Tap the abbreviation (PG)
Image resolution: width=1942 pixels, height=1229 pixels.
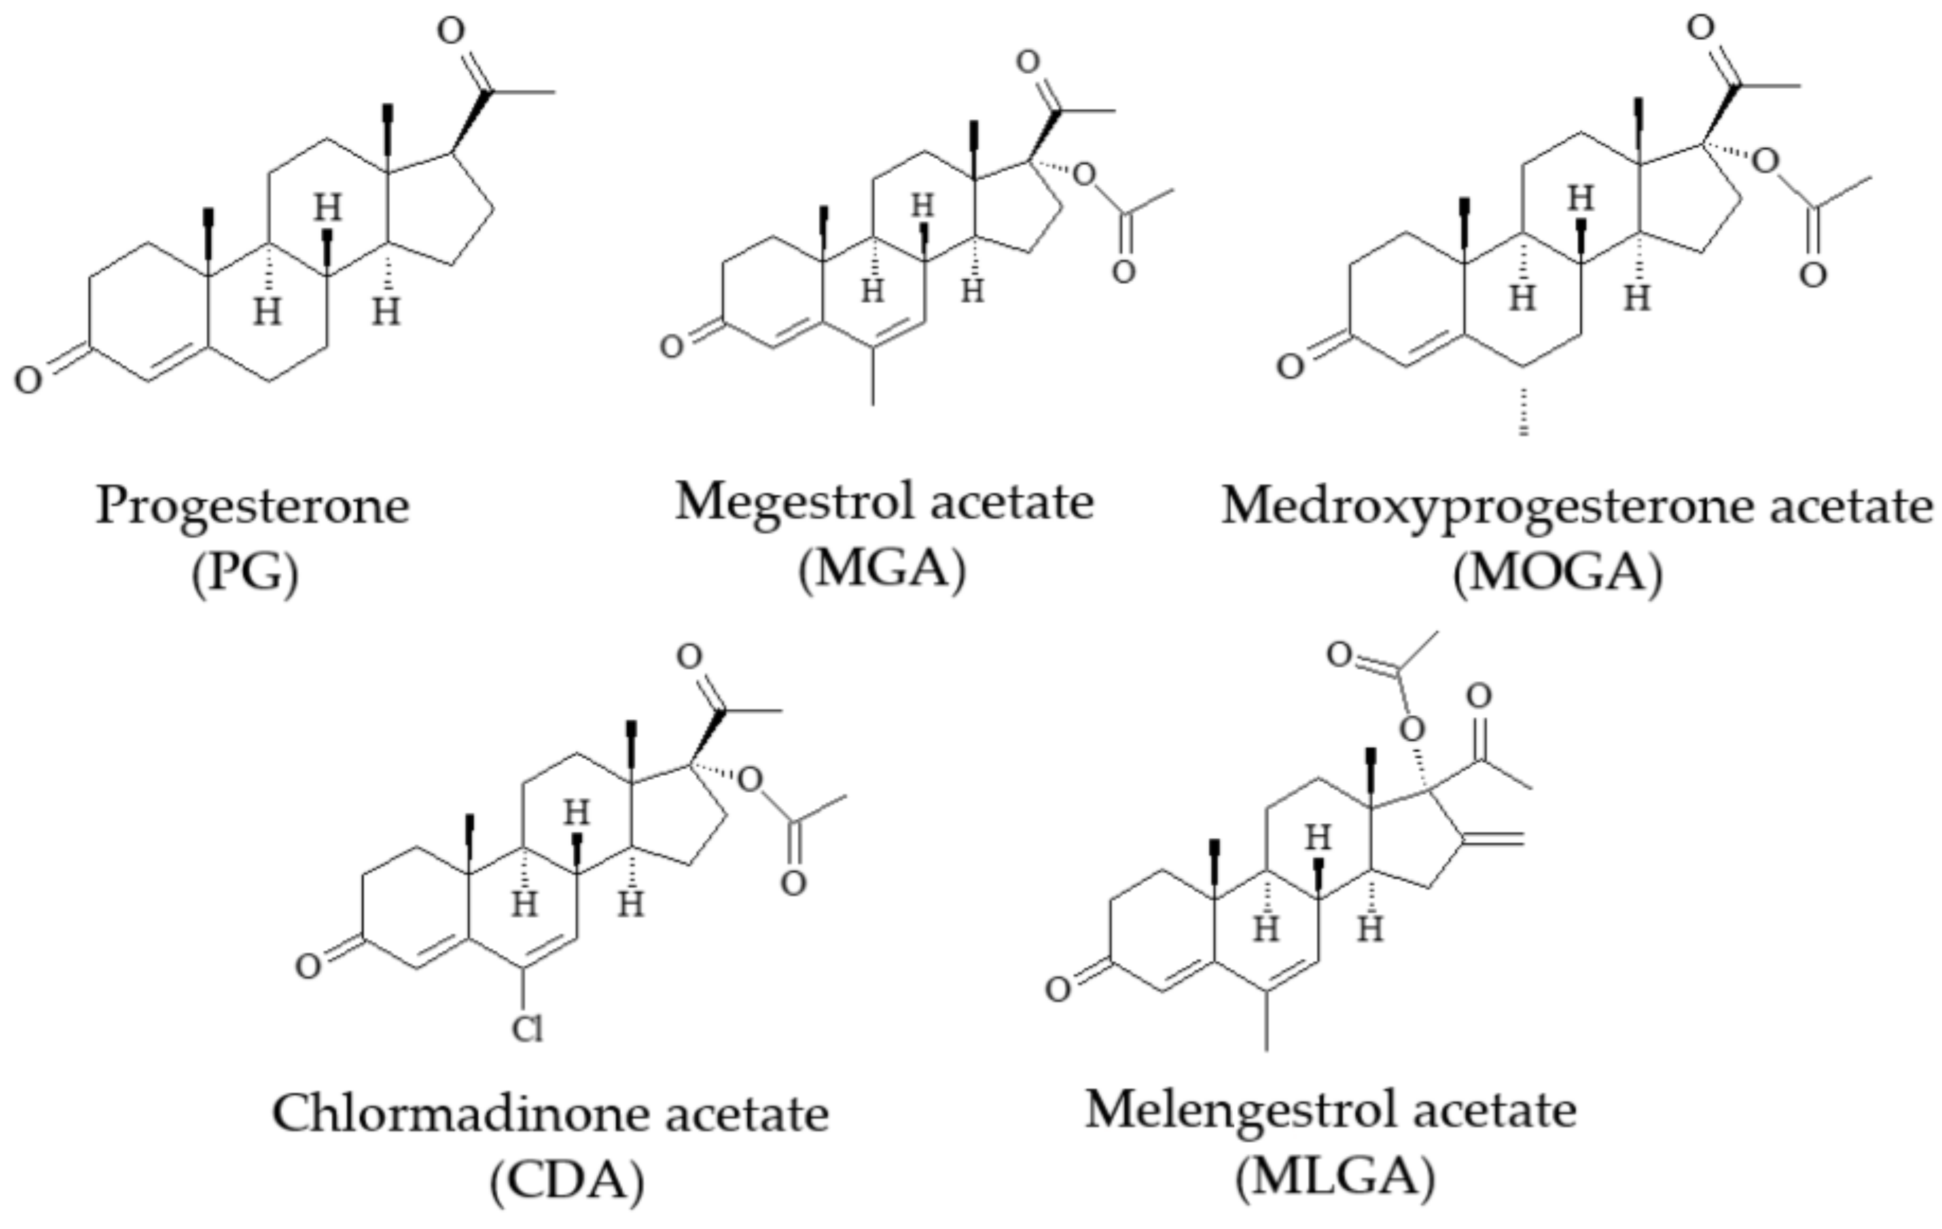(244, 574)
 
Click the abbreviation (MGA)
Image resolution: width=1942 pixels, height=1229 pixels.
(881, 570)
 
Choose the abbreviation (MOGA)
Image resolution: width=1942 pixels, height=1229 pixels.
(1556, 574)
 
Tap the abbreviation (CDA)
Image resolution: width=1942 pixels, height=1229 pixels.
(567, 1182)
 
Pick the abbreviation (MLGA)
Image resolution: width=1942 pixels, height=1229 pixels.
(1335, 1177)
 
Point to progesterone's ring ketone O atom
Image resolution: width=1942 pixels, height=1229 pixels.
(28, 380)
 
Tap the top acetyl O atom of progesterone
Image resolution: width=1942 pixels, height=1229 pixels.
(451, 30)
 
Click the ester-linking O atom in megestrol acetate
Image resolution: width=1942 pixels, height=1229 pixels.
(1085, 174)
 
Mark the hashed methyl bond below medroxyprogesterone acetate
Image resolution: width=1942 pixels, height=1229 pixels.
(1523, 412)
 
